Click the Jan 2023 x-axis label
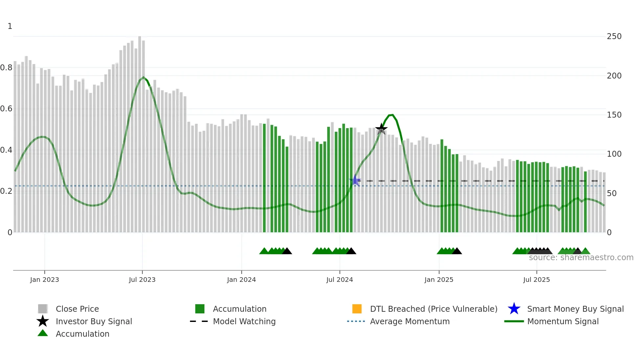pos(44,280)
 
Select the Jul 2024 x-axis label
pos(339,280)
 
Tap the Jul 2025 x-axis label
pos(536,280)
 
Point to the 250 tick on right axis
pos(614,36)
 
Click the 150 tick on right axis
pos(614,115)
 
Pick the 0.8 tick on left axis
pos(6,68)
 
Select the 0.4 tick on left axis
pos(6,150)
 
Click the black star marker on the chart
pos(381,128)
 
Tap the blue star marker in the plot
pos(355,180)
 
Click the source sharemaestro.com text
pos(581,258)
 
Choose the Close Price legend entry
pos(77,309)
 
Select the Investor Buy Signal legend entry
pos(94,321)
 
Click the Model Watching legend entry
pos(244,321)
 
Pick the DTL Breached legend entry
pos(433,309)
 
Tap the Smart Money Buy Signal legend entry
pos(575,309)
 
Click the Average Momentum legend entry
pos(409,321)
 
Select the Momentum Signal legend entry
pos(563,321)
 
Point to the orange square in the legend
pos(357,309)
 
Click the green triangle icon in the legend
pos(43,333)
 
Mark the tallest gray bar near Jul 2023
pos(140,131)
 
